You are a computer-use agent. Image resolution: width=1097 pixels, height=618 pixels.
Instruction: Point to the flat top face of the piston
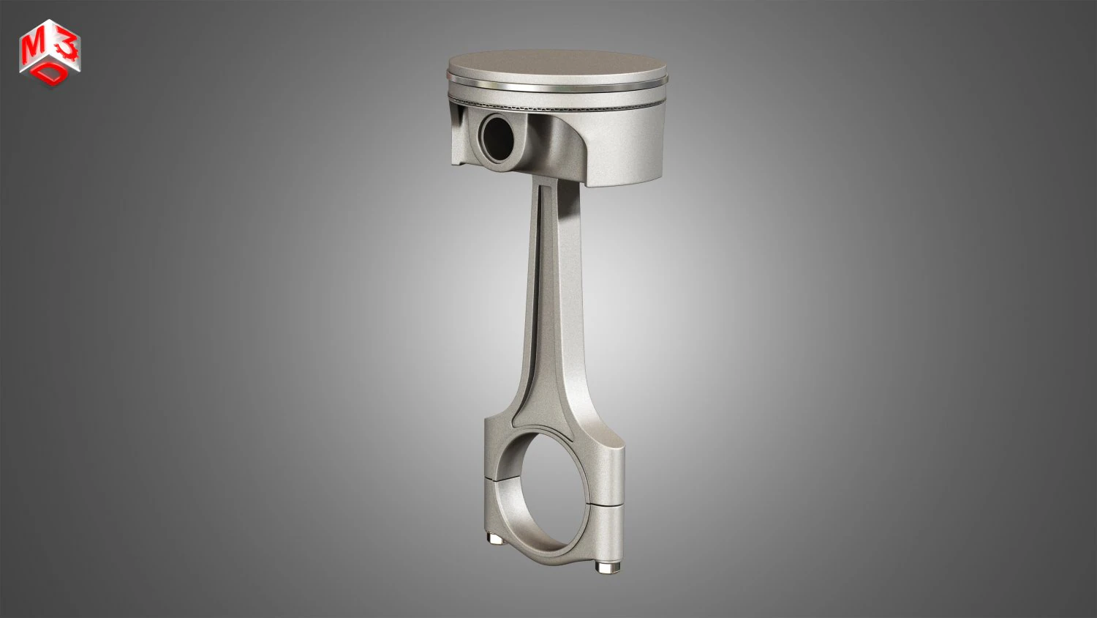pyautogui.click(x=556, y=63)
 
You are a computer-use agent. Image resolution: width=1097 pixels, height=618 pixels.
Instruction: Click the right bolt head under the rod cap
pyautogui.click(x=605, y=567)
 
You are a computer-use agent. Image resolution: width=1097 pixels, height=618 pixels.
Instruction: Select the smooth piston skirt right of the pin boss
pyautogui.click(x=622, y=146)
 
